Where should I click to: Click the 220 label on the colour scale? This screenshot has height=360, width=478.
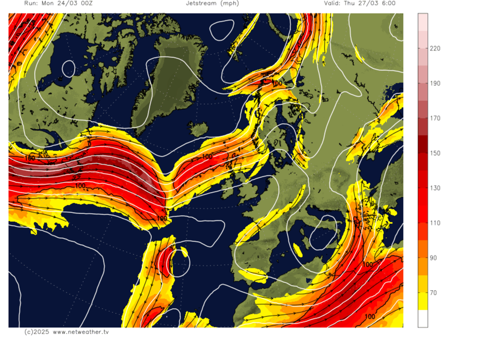[x=435, y=48]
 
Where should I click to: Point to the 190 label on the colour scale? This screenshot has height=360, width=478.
[x=435, y=83]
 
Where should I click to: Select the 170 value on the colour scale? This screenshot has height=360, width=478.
[x=435, y=118]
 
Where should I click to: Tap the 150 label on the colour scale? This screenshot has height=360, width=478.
[x=435, y=153]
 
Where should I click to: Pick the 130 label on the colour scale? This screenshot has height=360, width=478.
[x=435, y=188]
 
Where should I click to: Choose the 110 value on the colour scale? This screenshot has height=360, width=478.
[x=435, y=223]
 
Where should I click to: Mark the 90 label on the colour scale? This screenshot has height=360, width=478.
[x=435, y=258]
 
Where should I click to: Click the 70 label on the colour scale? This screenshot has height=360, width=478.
[x=435, y=293]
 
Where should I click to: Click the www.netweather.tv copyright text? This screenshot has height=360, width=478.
[x=67, y=332]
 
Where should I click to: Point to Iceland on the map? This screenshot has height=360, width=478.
[x=198, y=130]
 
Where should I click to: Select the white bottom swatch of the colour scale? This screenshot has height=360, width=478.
[x=422, y=319]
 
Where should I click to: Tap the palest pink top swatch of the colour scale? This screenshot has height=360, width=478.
[x=422, y=20]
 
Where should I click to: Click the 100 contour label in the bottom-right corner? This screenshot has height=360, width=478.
[x=370, y=317]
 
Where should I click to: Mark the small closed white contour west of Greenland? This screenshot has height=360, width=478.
[x=68, y=68]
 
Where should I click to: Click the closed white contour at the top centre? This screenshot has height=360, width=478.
[x=222, y=30]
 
